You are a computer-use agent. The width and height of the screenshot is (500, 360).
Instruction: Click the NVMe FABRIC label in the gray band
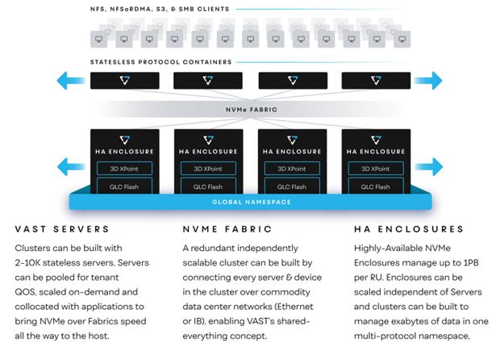[x=252, y=110]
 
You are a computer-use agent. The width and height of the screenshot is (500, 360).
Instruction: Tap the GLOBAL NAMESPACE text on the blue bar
[x=252, y=202]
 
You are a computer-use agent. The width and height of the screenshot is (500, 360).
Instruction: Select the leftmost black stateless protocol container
[x=125, y=81]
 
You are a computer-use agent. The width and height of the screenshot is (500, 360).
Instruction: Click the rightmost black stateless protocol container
[x=376, y=81]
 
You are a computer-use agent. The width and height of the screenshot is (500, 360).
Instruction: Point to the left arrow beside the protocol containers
[x=71, y=81]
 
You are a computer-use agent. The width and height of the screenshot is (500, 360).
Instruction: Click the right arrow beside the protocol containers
[x=428, y=81]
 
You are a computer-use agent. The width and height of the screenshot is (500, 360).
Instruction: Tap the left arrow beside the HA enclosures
[x=71, y=166]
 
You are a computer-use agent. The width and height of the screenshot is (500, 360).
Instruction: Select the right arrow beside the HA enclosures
[x=428, y=166]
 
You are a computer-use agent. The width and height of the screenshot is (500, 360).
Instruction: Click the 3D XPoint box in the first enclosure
[x=124, y=169]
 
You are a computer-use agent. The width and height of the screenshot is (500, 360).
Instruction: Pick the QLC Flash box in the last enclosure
[x=376, y=186]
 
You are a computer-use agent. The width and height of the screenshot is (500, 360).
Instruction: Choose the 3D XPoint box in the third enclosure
[x=292, y=169]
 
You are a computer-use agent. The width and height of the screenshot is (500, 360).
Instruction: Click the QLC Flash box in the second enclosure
[x=208, y=186]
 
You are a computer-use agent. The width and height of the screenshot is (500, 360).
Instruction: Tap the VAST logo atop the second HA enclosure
[x=209, y=140]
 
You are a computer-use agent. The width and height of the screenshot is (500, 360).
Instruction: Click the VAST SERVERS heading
[x=62, y=229]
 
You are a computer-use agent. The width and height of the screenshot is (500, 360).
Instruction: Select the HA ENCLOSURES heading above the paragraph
[x=409, y=229]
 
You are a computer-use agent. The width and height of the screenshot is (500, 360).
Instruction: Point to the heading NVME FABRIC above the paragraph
[x=227, y=229]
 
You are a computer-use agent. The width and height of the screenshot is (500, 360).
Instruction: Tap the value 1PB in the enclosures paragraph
[x=471, y=262]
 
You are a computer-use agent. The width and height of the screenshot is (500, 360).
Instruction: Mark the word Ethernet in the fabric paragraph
[x=294, y=307]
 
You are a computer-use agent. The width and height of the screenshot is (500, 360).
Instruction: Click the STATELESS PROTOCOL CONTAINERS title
[x=160, y=62]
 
